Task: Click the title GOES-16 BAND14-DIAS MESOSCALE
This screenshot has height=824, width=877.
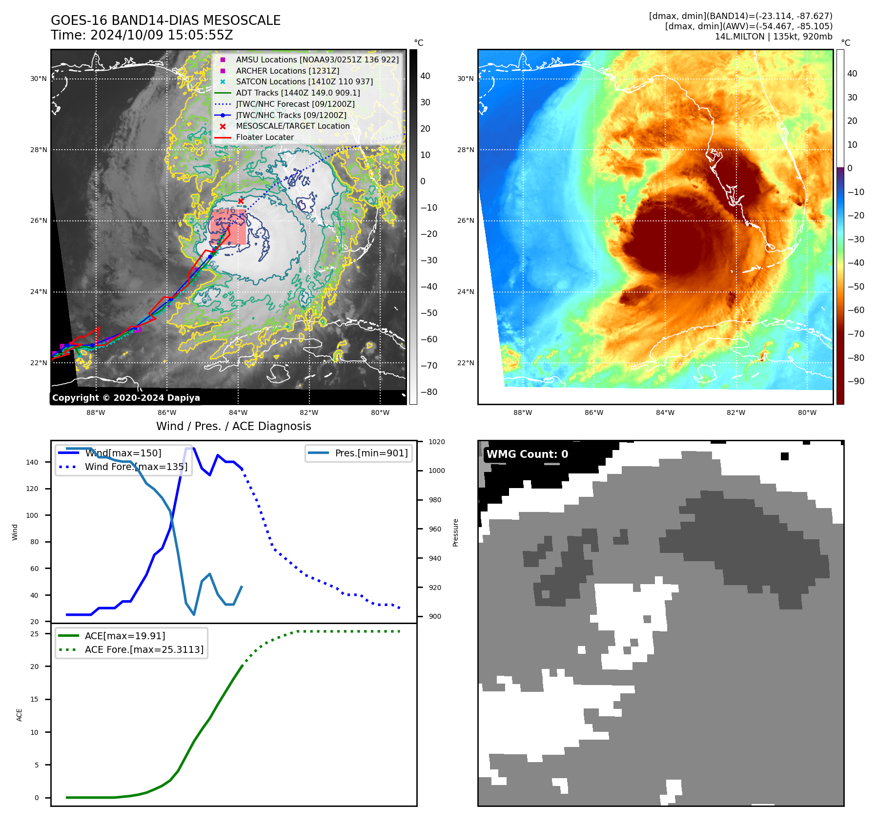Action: [165, 20]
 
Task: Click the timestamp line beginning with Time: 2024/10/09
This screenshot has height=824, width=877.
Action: [142, 36]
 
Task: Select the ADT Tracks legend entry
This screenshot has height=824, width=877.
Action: [298, 93]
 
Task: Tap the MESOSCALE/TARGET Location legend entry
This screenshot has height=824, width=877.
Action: [292, 126]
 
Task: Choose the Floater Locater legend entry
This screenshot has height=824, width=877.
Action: [265, 137]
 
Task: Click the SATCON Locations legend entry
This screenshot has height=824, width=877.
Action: [304, 81]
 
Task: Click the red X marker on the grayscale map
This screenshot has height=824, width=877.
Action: [241, 201]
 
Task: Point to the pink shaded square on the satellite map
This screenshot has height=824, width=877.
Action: [228, 227]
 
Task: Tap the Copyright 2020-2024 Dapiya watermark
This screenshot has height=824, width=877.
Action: [126, 398]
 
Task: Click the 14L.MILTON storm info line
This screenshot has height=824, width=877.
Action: [774, 37]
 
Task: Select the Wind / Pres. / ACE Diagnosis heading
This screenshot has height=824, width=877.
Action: [233, 426]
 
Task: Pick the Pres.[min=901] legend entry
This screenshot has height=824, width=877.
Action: [371, 453]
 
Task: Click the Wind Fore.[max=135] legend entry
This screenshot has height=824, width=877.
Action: [136, 467]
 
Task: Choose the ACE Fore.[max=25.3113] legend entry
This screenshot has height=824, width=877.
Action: [144, 649]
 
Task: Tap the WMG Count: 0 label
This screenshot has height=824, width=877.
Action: [527, 454]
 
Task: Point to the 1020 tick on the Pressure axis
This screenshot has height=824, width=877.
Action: [436, 442]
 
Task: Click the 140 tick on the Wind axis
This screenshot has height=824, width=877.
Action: [32, 462]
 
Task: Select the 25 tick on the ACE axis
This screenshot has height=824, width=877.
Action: [34, 634]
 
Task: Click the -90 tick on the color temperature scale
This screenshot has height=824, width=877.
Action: [856, 381]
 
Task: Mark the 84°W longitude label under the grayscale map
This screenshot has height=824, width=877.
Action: [238, 412]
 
